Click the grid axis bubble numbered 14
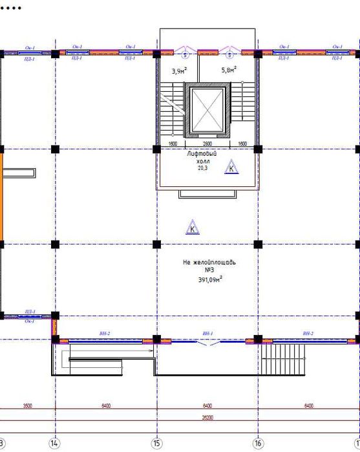(x=55, y=444)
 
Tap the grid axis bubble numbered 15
(x=156, y=444)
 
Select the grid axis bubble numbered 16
(x=258, y=444)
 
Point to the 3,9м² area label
(x=179, y=70)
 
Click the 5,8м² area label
(x=229, y=69)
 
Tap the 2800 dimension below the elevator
(x=207, y=144)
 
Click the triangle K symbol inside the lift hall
(x=231, y=169)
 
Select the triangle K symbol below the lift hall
(x=192, y=228)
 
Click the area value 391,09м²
(x=210, y=280)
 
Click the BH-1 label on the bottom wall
(x=207, y=333)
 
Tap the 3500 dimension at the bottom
(x=27, y=405)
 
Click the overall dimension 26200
(x=207, y=418)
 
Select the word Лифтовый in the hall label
(x=201, y=154)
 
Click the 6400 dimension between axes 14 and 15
(x=106, y=405)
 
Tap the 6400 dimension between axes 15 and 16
(x=207, y=405)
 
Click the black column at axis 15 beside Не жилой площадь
(x=156, y=244)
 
